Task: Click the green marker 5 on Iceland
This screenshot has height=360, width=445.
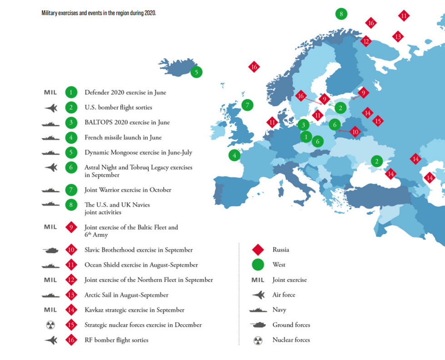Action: point(196,72)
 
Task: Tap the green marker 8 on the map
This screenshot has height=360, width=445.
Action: point(341,14)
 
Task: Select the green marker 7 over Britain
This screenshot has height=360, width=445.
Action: point(247,105)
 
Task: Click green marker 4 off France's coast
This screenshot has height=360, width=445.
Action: point(234,155)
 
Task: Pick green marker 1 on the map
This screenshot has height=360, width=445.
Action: point(306,137)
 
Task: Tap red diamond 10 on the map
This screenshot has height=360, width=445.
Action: point(355,132)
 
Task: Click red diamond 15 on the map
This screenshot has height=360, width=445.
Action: point(377,121)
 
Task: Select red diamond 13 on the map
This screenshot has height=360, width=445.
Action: point(398,36)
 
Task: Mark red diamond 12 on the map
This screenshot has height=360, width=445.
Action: point(366,41)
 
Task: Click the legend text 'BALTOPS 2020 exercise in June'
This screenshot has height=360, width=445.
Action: point(127,123)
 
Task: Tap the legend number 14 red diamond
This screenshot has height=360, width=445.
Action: point(71,310)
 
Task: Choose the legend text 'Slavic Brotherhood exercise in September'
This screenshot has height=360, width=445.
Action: point(138,250)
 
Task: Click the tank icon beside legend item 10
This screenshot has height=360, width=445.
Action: point(50,250)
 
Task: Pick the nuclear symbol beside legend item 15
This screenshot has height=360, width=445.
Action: point(50,325)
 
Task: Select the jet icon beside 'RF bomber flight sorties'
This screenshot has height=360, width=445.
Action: point(51,340)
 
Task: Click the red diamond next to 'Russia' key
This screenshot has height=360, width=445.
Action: point(258,250)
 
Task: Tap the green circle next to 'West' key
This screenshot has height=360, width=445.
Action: point(257,265)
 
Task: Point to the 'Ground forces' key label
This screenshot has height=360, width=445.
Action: point(291,325)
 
